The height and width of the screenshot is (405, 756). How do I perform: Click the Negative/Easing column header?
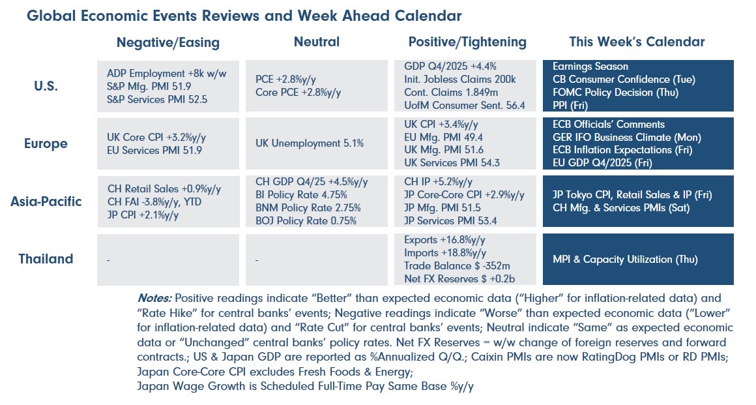tap(167, 43)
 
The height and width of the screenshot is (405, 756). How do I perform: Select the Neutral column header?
tap(316, 42)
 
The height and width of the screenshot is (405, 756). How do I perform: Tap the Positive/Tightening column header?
tap(467, 42)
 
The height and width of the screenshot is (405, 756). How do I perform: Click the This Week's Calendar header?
tap(637, 42)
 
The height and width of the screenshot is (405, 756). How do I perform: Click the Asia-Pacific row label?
tap(46, 201)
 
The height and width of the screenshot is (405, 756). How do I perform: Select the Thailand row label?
tap(46, 259)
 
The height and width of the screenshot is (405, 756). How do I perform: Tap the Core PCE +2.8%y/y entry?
tap(298, 93)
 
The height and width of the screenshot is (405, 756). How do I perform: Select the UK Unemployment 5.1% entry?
tap(310, 143)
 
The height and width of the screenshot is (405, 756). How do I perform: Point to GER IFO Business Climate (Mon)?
tap(626, 137)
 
